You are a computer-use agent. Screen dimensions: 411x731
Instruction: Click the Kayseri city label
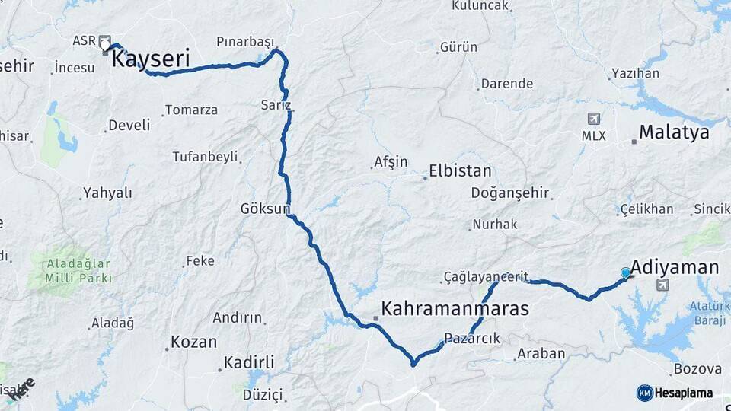pos(150,59)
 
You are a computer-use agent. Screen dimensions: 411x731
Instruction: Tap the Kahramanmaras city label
pos(455,309)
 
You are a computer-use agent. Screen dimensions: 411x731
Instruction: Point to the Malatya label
pos(674,132)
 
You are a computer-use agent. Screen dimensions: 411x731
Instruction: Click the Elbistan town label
pos(460,170)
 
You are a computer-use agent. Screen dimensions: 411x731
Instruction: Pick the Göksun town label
pos(266,208)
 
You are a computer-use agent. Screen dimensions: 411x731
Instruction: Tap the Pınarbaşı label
pos(244,41)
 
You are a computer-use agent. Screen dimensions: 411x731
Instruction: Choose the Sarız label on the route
pos(276,104)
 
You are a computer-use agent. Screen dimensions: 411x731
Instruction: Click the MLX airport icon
pos(594,119)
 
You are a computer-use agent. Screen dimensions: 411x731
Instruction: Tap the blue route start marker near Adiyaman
pos(626,272)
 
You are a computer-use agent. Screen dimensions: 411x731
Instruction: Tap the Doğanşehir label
pos(512,193)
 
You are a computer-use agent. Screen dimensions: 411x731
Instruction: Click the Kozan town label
pos(194,342)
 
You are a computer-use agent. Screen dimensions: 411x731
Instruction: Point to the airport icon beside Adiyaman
pos(662,285)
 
